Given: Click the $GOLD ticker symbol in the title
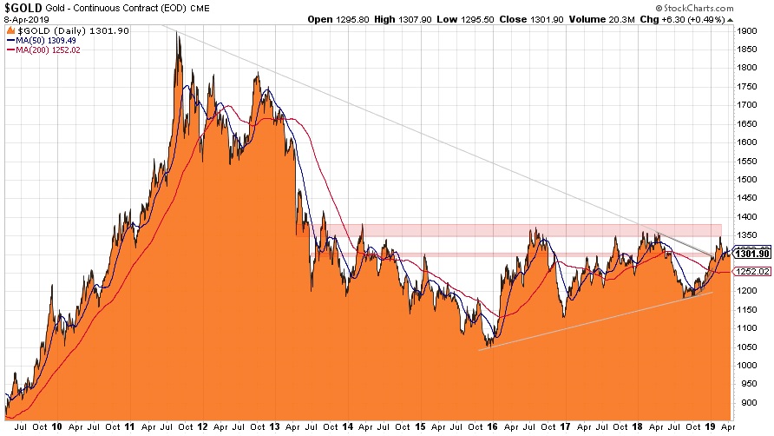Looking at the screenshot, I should pyautogui.click(x=20, y=7).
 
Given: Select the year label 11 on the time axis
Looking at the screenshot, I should pyautogui.click(x=128, y=427).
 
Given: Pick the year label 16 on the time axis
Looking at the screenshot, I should pyautogui.click(x=493, y=427).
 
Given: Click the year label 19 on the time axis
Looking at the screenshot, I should pyautogui.click(x=711, y=427).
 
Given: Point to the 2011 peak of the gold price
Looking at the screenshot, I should pyautogui.click(x=177, y=33).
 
